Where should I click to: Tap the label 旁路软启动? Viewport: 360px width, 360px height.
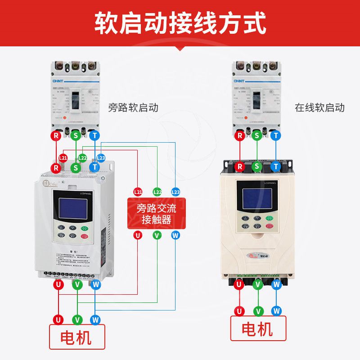(133, 108)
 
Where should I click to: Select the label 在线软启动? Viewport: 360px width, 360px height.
(319, 108)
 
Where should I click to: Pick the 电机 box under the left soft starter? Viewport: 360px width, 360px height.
(77, 337)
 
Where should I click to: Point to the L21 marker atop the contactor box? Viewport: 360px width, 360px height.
(138, 192)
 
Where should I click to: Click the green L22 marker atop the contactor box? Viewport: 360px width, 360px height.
(157, 192)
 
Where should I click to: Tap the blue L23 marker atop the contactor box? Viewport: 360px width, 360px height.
(175, 192)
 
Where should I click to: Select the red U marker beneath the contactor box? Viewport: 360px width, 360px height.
(138, 235)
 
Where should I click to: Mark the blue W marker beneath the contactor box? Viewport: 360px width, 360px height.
(175, 235)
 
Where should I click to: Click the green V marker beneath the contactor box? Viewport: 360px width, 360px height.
(157, 235)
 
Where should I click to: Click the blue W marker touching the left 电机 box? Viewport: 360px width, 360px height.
(94, 319)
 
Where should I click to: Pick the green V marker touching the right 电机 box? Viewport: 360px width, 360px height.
(258, 311)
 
